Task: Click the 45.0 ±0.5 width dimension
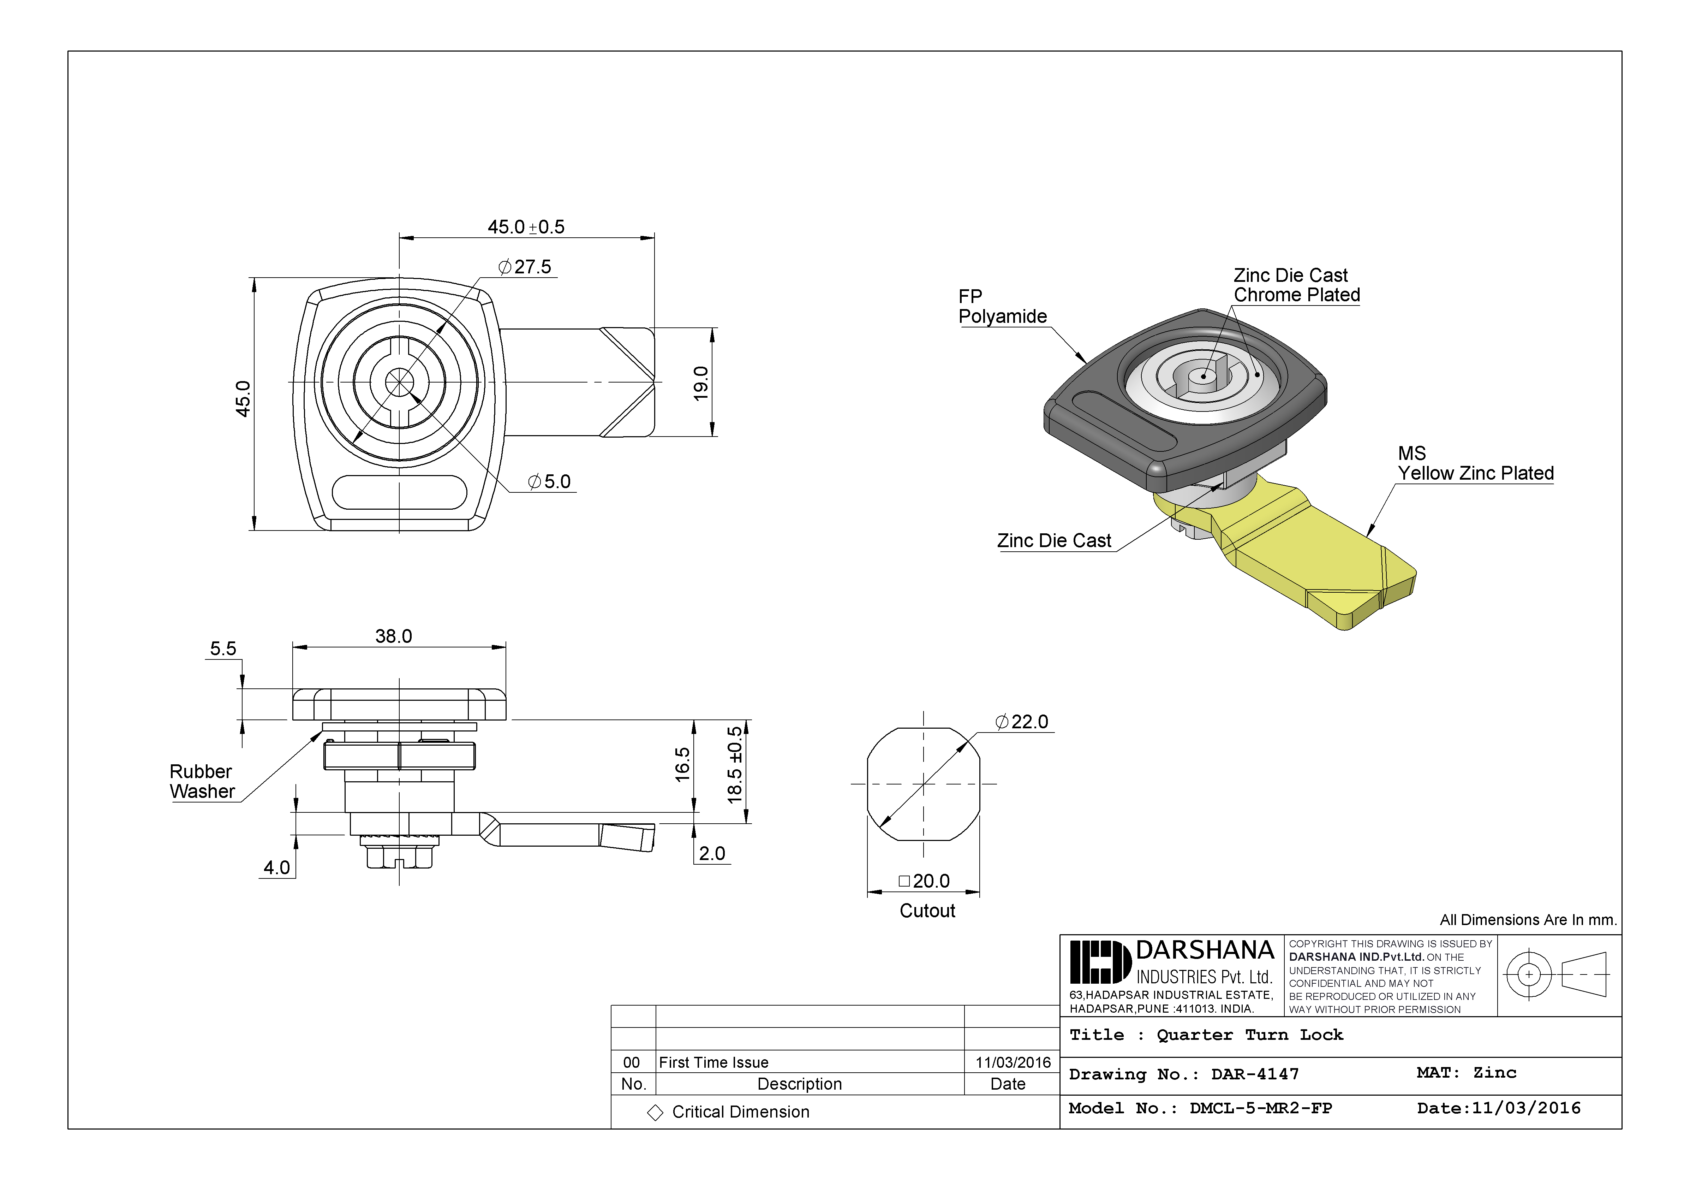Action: (526, 227)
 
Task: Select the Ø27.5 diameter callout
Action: (525, 267)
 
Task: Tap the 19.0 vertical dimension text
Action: (701, 383)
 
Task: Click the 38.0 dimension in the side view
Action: (394, 636)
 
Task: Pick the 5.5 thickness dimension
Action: (223, 649)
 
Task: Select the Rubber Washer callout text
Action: (202, 781)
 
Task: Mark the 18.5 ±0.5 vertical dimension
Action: (735, 764)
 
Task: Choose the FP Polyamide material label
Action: (1002, 306)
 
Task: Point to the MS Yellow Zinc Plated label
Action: (1475, 463)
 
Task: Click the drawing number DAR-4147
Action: (1255, 1074)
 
